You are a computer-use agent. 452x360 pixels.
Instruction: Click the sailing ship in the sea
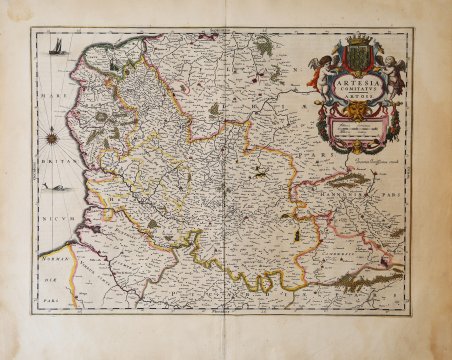[59, 47]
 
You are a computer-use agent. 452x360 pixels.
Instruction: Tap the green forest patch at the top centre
[264, 44]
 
